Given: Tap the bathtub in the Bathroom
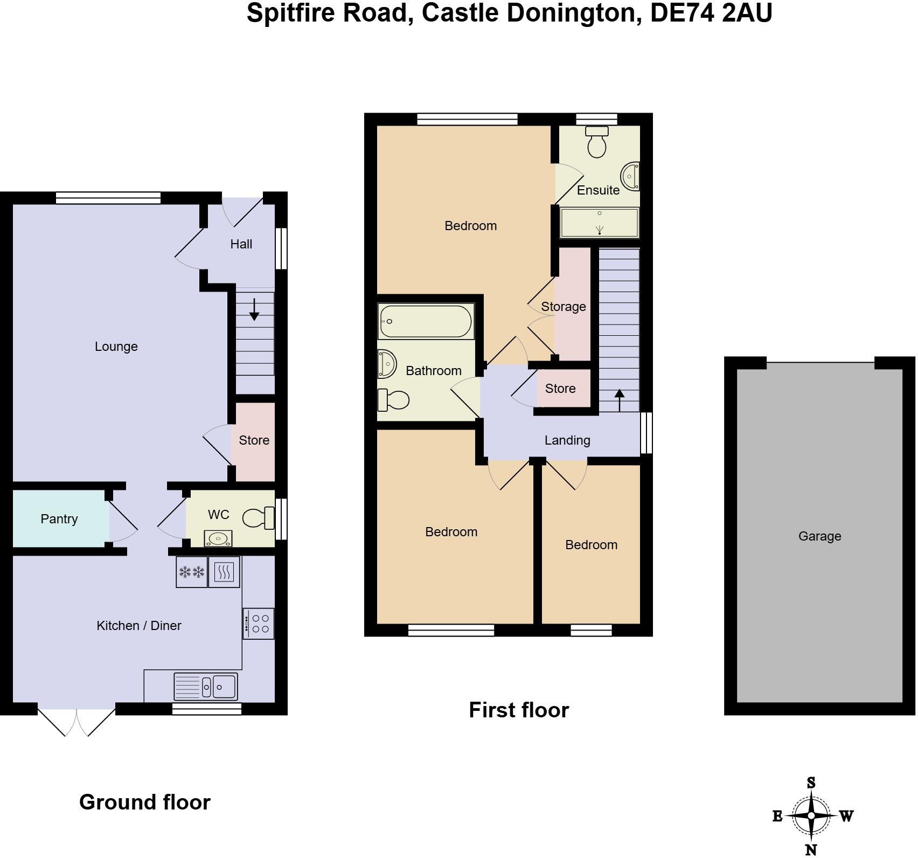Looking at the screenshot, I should tap(426, 321).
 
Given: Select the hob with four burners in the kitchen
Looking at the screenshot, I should tap(259, 624).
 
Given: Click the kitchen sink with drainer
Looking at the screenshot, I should tap(206, 686).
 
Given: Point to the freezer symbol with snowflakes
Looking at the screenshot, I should tap(192, 572).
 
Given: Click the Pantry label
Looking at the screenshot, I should tap(59, 519).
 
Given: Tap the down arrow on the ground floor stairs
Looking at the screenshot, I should tap(254, 310).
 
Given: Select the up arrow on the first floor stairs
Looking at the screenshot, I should tap(620, 400).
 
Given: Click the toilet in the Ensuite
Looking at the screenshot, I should tap(596, 141).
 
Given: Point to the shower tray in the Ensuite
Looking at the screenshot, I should tap(600, 223).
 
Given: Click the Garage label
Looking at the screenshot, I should tap(819, 536).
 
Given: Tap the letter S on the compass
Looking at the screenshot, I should tap(811, 783).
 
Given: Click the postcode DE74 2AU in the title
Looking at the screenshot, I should tap(711, 13).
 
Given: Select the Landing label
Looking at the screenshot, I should tap(567, 440).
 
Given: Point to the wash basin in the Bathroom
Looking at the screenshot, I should tap(387, 364).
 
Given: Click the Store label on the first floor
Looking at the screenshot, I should tap(560, 389).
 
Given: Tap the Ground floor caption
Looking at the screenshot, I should tap(144, 802).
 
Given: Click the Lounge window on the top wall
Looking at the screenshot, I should tap(108, 198).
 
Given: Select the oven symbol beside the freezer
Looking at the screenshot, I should tap(224, 572).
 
